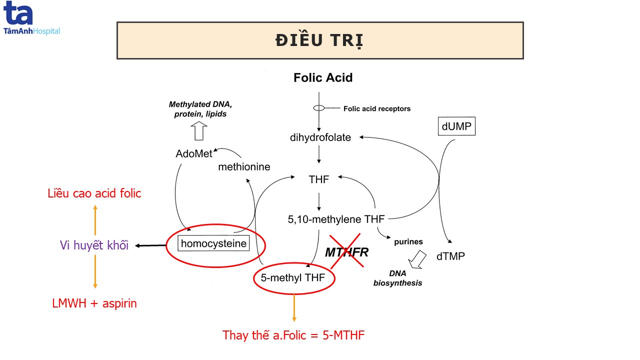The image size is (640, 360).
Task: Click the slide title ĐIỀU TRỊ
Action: [x=319, y=40]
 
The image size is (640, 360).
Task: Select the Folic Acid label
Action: [x=323, y=77]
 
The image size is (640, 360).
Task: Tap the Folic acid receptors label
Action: [x=377, y=108]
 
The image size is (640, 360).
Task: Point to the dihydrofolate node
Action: [x=320, y=137]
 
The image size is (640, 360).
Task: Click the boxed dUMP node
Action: [x=456, y=127]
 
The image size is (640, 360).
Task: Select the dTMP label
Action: [x=450, y=256]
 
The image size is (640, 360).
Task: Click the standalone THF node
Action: [x=319, y=179]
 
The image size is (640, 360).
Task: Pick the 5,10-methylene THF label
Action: [x=336, y=218]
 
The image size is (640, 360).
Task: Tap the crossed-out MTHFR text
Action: [x=347, y=252]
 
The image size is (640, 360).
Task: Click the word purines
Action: [x=408, y=241]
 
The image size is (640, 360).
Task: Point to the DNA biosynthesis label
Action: [x=398, y=278]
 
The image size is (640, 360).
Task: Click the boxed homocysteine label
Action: [x=214, y=244]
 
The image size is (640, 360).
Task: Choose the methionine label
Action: [x=244, y=166]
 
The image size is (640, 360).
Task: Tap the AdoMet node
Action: [x=194, y=153]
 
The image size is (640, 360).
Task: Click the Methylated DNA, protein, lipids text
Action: [x=197, y=109]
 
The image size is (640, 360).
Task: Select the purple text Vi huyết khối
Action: [x=94, y=245]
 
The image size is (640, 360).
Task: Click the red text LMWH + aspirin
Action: [x=94, y=303]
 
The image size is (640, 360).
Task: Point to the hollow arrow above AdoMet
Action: [x=198, y=131]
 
